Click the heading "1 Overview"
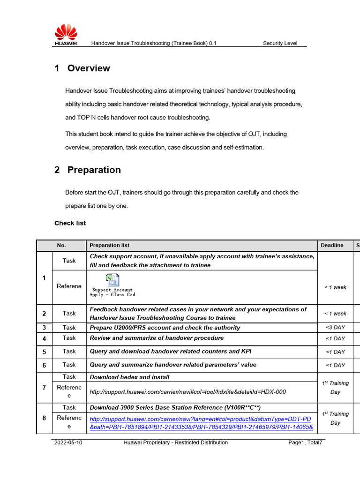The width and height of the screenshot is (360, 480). click(x=82, y=68)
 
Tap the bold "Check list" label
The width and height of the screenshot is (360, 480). click(x=70, y=223)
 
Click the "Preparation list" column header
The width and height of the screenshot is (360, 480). click(x=109, y=245)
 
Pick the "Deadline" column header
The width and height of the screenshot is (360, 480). click(x=332, y=245)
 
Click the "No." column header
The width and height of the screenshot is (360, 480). click(x=61, y=245)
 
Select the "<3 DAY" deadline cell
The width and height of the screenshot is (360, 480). click(x=335, y=328)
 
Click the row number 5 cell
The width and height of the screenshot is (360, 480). click(x=44, y=352)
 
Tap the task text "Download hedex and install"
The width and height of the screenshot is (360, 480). click(x=129, y=377)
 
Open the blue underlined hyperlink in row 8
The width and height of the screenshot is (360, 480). click(x=201, y=423)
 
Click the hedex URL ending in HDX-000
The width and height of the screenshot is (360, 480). click(x=187, y=392)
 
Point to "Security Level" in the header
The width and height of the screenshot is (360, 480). click(x=280, y=43)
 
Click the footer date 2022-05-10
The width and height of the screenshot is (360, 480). click(x=68, y=442)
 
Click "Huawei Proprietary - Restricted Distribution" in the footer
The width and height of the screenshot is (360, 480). click(x=175, y=442)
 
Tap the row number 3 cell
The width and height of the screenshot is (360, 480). click(x=44, y=328)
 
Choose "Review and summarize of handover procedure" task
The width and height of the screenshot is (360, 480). click(x=157, y=338)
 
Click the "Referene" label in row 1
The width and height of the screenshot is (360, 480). click(x=69, y=286)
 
